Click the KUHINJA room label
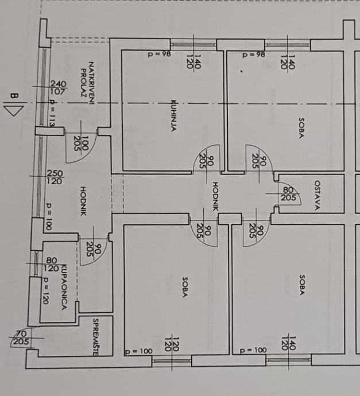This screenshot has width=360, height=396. click(172, 117)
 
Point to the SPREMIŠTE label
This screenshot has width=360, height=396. click(96, 336)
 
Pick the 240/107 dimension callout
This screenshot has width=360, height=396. click(58, 87)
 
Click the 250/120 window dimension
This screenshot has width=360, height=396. click(55, 177)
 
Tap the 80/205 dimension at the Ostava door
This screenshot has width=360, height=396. click(288, 194)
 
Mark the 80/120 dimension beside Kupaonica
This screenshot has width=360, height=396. click(51, 264)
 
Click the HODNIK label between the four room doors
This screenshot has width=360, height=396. click(216, 197)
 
